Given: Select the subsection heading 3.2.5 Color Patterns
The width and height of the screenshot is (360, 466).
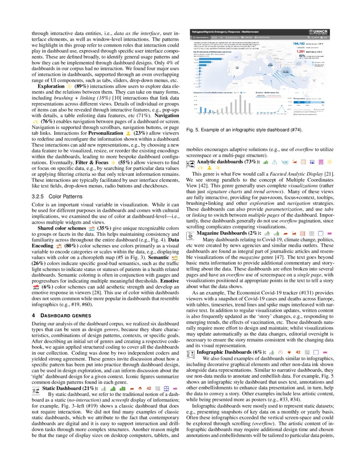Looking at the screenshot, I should coord(55,197).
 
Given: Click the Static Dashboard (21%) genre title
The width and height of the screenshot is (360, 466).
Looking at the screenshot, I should coord(71,388).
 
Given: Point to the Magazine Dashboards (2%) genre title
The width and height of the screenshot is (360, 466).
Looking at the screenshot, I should coord(229,233).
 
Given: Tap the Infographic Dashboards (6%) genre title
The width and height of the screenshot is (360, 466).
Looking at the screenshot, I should coord(230,352).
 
